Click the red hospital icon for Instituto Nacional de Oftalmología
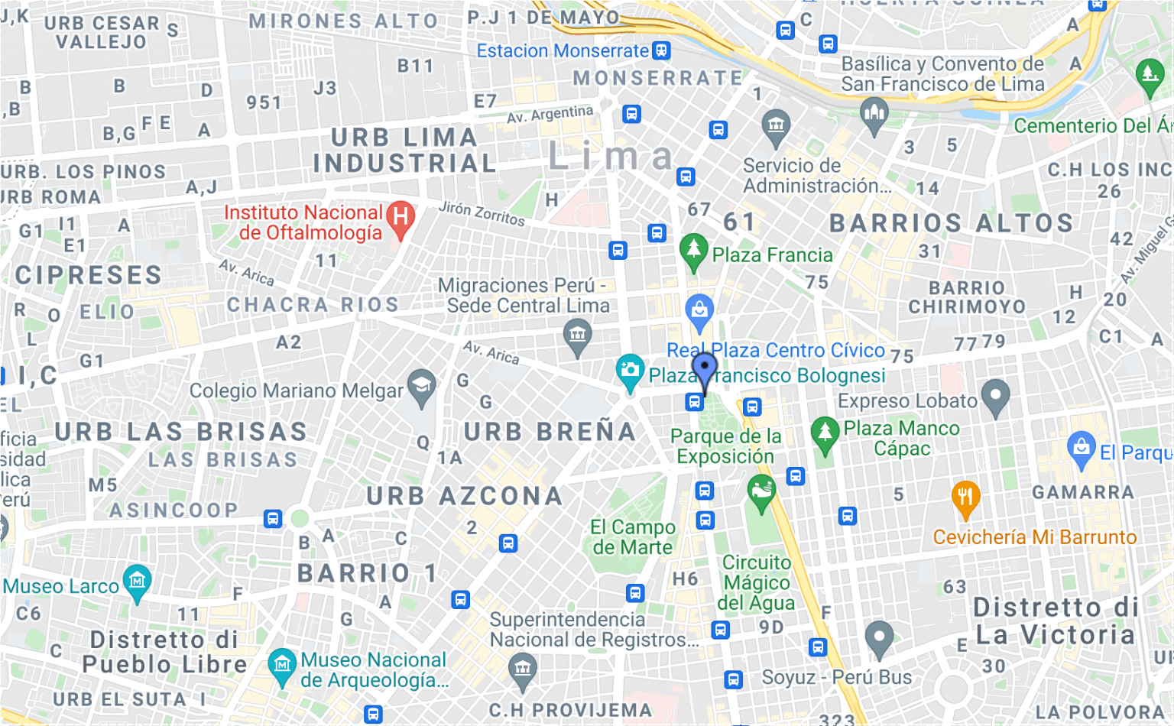[x=401, y=218]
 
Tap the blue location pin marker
[x=704, y=371]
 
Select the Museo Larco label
[x=61, y=586]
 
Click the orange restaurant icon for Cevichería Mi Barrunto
[x=965, y=497]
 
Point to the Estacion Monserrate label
[x=563, y=51]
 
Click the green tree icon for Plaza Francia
[x=693, y=250]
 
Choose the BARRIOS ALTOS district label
[x=952, y=223]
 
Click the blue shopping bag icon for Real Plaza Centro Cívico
[x=699, y=310]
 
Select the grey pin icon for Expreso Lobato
[x=995, y=396]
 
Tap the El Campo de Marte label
[x=632, y=537]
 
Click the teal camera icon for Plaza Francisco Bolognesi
[x=630, y=371]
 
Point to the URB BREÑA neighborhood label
[x=550, y=432]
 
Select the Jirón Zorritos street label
[x=482, y=214]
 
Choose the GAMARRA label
[x=1082, y=493]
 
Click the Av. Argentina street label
[x=550, y=114]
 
